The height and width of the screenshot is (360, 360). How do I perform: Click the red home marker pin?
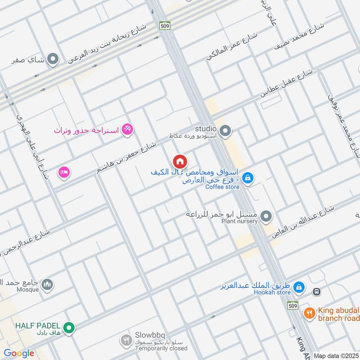point(180,162)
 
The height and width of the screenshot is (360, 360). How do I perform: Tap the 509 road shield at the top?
point(165,26)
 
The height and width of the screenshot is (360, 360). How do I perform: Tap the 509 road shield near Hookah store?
point(293,305)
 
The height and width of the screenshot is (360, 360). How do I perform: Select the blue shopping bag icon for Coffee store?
point(247,178)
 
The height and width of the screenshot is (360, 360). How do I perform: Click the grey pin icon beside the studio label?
point(226,131)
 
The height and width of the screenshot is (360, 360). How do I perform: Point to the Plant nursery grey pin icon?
point(266,217)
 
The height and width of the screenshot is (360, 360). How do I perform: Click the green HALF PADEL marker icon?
point(68,329)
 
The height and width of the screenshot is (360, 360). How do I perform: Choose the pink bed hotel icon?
point(63,172)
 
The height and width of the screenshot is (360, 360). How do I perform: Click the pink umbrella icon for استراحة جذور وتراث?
point(128,130)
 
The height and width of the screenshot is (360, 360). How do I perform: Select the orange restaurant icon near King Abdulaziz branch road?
point(309,314)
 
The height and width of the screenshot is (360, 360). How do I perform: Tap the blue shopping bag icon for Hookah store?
point(298,287)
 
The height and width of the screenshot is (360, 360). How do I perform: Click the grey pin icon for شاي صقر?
point(54,59)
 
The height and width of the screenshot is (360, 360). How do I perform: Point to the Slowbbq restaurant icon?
point(126,341)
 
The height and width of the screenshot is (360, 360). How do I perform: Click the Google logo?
point(19,353)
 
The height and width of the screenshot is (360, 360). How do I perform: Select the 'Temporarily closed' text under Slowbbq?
point(155,348)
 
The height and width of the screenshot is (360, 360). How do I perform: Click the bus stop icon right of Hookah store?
point(317,292)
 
